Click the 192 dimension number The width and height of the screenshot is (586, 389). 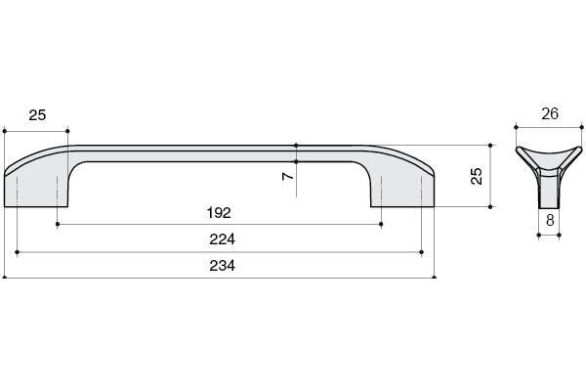[x=219, y=213]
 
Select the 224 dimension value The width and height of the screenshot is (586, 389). [x=222, y=239]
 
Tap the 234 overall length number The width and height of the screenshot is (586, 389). [x=222, y=266]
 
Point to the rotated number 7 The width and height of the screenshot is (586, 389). [x=288, y=175]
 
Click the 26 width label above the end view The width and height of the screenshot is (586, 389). [x=550, y=113]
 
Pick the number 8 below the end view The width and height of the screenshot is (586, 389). [x=550, y=221]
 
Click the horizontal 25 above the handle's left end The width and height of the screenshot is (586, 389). [x=37, y=114]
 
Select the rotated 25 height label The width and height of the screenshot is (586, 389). [x=477, y=176]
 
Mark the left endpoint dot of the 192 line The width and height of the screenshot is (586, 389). [x=58, y=224]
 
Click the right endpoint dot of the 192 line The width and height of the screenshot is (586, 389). [x=381, y=224]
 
